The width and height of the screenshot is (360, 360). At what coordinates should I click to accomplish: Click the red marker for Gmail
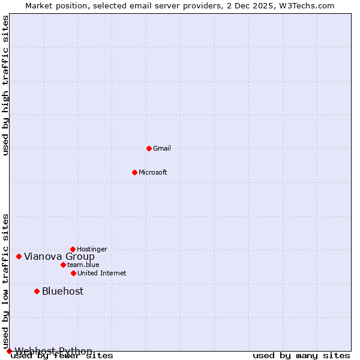(149, 148)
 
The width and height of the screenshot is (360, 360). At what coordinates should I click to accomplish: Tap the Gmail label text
(162, 148)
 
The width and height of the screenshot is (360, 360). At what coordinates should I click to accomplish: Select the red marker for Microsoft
(134, 172)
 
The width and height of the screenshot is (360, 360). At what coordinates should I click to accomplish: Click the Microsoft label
(153, 172)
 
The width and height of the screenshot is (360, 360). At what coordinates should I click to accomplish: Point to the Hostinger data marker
(73, 249)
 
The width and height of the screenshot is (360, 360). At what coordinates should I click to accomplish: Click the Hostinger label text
(92, 249)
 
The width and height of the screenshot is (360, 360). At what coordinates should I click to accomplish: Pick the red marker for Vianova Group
(19, 256)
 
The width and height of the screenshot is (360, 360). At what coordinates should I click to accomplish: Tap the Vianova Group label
(59, 257)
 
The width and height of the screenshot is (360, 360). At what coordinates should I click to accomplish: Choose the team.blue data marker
(63, 265)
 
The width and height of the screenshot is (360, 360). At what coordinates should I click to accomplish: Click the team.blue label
(83, 265)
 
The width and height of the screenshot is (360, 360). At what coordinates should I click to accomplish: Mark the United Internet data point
(73, 273)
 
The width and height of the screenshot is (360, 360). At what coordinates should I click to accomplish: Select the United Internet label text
(102, 273)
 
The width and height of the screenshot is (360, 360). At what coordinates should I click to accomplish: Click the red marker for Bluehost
(37, 291)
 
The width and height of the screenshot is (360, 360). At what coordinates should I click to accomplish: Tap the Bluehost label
(63, 292)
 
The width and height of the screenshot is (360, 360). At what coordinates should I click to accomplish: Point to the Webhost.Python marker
(9, 351)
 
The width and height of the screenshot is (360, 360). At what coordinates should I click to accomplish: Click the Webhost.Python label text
(53, 351)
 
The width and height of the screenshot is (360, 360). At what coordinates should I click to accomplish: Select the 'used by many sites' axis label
(301, 355)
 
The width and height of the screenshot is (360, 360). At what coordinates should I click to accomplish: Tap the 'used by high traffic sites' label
(6, 85)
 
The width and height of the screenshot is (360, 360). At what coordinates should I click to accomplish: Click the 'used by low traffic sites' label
(6, 281)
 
